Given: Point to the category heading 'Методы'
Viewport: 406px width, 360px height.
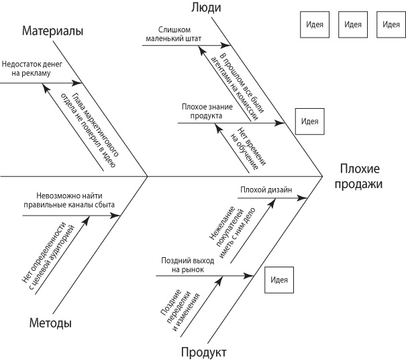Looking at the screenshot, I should coord(50,322).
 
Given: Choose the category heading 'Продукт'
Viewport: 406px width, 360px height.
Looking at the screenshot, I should coord(203,352).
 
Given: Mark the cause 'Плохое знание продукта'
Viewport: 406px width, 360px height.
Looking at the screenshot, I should coord(202,110).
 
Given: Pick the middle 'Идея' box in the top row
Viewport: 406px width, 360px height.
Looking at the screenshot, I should coord(353,24).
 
